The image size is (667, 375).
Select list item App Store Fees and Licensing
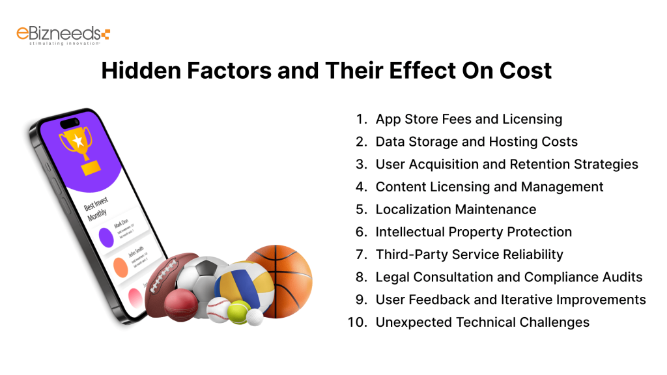pos(468,119)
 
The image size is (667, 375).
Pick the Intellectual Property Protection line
pos(474,232)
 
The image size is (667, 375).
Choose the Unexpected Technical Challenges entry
pos(482,322)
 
